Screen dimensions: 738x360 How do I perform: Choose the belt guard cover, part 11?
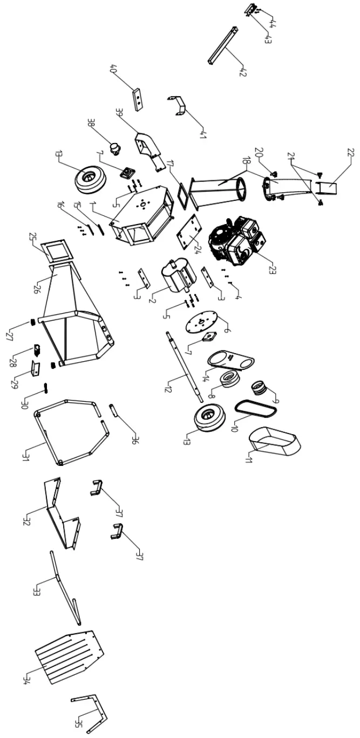coord(275,439)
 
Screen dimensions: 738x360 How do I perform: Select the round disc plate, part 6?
coord(201,323)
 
